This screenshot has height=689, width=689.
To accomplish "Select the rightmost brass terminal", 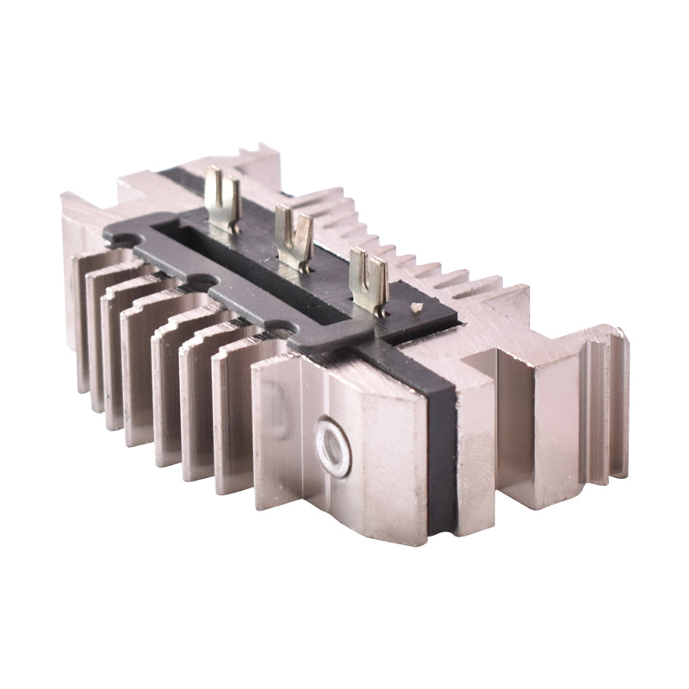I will [x=369, y=277].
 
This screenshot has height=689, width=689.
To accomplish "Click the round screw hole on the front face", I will [x=332, y=447].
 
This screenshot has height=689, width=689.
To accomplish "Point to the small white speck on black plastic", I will [x=416, y=307].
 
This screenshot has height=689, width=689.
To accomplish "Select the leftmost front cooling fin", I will [x=82, y=319].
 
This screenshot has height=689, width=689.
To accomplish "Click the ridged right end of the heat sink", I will [x=603, y=405].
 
